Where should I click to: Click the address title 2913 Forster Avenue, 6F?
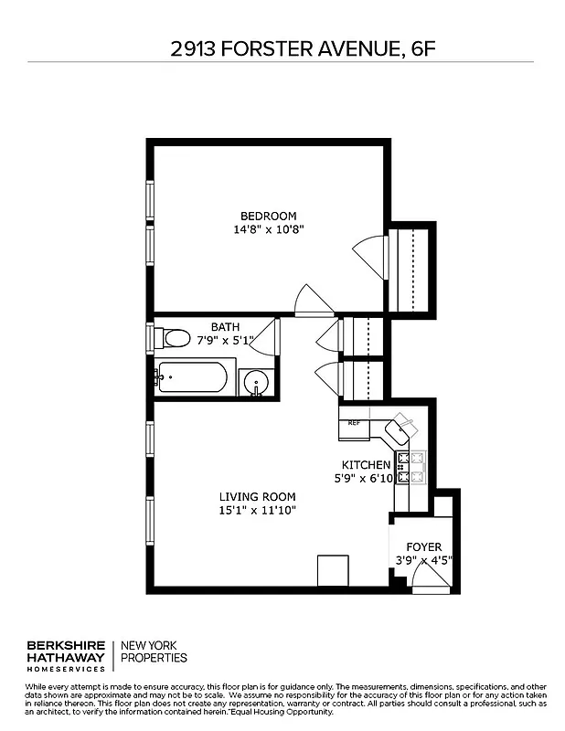[283, 48]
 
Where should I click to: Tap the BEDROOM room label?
[268, 216]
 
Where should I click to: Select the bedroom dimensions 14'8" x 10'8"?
[268, 230]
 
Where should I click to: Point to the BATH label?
[225, 326]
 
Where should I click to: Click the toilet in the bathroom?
[173, 339]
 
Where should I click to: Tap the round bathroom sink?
[257, 382]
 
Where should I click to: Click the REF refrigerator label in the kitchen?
[353, 423]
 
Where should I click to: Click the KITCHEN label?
[366, 464]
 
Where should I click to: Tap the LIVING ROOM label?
[257, 497]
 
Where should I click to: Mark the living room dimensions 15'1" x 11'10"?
[257, 510]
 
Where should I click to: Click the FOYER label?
[424, 547]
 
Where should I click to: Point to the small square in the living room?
[332, 570]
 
